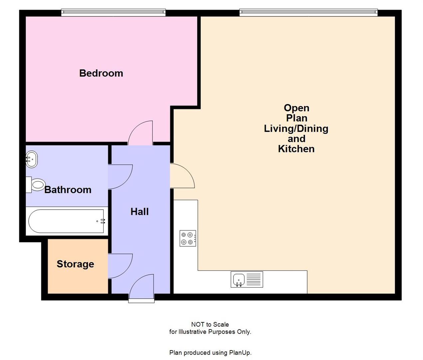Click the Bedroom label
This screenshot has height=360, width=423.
tap(101, 73)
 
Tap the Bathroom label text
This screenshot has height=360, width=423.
tap(68, 190)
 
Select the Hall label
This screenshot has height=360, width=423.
tap(139, 211)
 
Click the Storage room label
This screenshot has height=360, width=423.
tap(75, 264)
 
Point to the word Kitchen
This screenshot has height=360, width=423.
tap(296, 149)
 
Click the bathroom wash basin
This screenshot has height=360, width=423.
tap(32, 159)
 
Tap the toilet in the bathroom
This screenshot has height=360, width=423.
tap(36, 184)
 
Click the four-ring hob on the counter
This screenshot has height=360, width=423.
tap(188, 238)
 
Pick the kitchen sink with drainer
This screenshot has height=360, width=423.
tap(247, 279)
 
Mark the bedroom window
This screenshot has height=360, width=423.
tap(113, 13)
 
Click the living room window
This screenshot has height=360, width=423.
tap(308, 13)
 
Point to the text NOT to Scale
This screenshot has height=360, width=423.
tap(210, 324)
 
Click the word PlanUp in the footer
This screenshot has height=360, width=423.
tap(240, 353)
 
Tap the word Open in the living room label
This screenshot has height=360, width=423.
tap(296, 108)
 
